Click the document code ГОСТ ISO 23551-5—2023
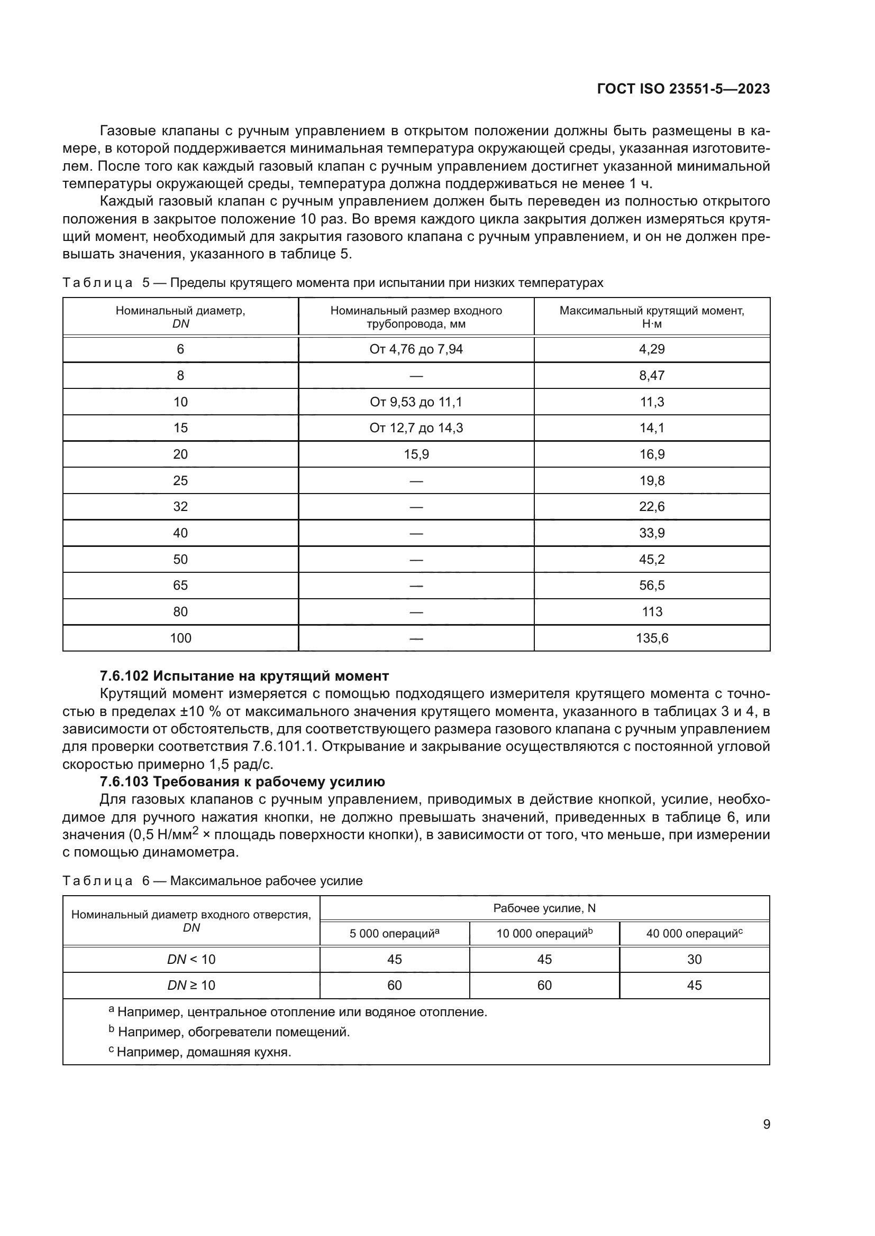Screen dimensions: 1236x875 click(683, 89)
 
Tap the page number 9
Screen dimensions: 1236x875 click(766, 1125)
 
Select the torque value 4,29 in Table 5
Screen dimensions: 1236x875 click(651, 349)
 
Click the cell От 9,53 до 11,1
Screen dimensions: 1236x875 click(415, 402)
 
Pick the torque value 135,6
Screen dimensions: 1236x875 click(651, 638)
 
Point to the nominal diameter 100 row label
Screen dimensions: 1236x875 click(180, 638)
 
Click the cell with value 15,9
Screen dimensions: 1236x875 click(416, 454)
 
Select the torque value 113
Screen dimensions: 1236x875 click(651, 612)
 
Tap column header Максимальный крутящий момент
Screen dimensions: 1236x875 click(651, 317)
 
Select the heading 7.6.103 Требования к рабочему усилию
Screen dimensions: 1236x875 click(242, 782)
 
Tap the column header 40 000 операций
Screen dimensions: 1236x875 click(694, 934)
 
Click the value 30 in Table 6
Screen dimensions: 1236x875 click(694, 960)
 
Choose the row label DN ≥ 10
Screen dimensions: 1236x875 click(192, 986)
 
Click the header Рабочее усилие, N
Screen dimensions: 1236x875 click(544, 909)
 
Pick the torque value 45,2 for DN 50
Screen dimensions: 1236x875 click(651, 560)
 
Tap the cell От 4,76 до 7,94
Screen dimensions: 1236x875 click(415, 349)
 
